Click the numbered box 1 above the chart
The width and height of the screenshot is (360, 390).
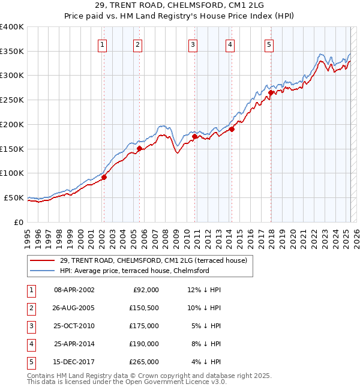click(x=102, y=44)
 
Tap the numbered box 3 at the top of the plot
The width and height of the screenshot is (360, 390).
click(x=193, y=44)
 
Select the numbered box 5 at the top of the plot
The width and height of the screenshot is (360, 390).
click(x=269, y=44)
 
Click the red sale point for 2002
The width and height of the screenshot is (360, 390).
click(x=104, y=177)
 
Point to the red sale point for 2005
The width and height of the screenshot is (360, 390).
click(x=139, y=148)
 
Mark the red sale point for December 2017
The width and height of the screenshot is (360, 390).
click(x=271, y=92)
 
